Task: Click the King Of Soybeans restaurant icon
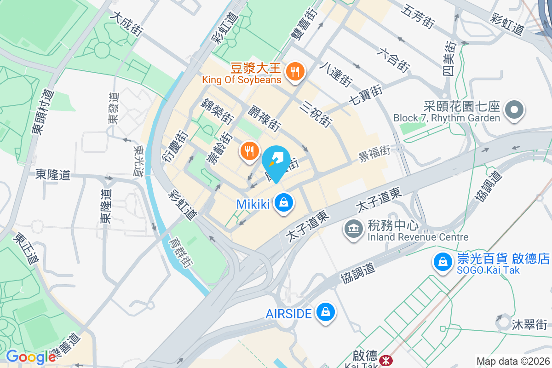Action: click(293, 72)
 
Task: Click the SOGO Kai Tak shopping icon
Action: click(443, 261)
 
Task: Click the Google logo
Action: click(31, 356)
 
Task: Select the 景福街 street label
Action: click(374, 153)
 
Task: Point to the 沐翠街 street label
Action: click(529, 324)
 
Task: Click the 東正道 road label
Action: click(25, 248)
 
